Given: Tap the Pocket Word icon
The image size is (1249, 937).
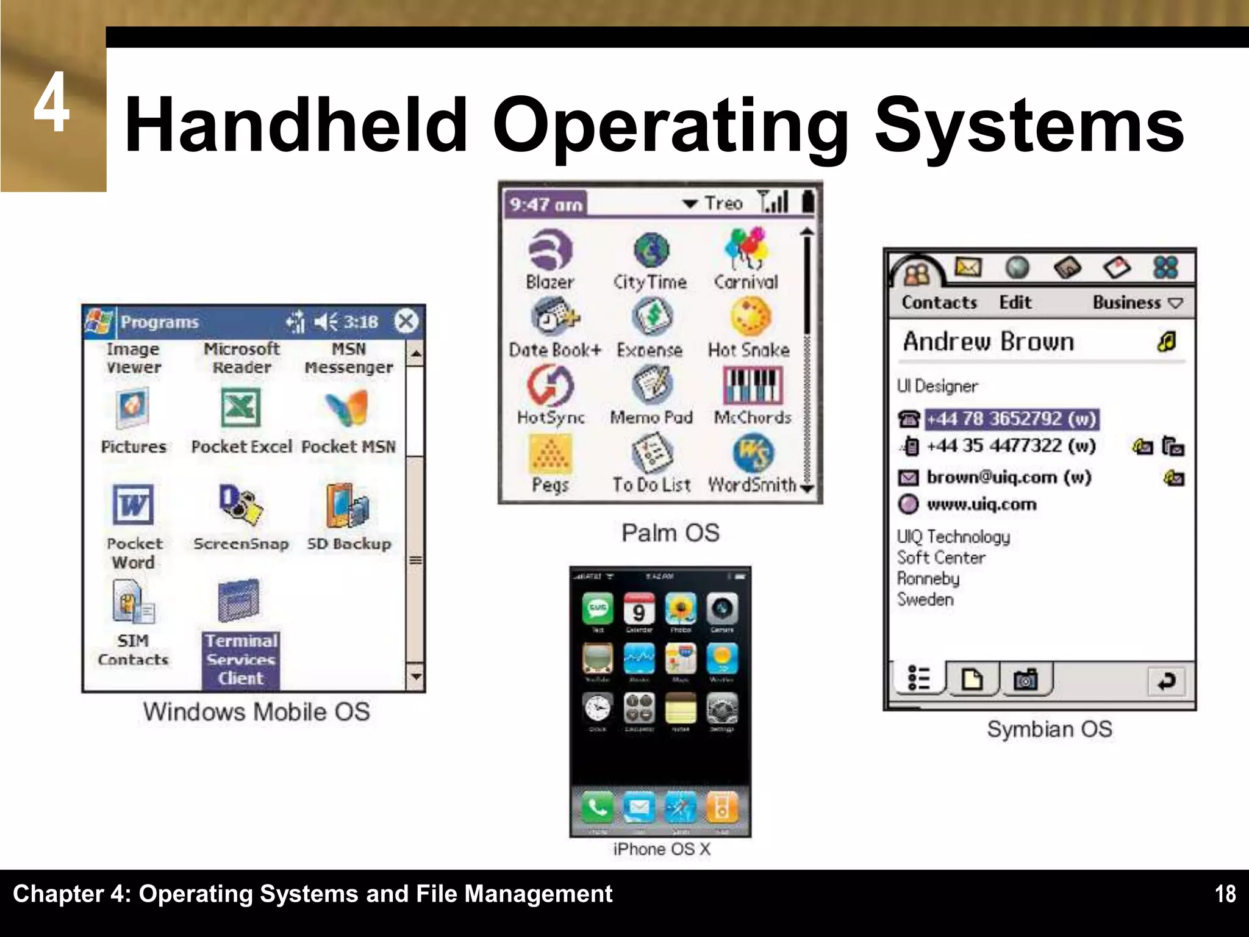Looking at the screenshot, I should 133,504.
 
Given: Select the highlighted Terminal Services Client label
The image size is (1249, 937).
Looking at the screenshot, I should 241,659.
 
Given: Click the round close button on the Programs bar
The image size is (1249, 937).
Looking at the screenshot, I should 406,321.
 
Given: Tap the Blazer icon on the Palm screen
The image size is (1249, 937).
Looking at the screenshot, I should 550,250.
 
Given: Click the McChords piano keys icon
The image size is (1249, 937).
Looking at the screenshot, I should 753,385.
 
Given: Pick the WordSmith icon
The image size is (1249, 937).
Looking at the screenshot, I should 753,453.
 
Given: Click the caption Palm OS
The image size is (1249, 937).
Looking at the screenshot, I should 670,533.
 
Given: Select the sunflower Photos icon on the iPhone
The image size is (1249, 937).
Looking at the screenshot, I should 681,608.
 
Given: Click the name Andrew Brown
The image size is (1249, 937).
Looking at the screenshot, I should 988,342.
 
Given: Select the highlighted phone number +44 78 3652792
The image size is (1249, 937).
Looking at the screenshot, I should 1012,419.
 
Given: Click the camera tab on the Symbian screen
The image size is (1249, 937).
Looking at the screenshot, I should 1025,679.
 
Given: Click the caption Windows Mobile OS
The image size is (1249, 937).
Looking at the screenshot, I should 256,712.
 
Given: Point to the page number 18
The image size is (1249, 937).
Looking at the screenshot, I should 1225,894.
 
